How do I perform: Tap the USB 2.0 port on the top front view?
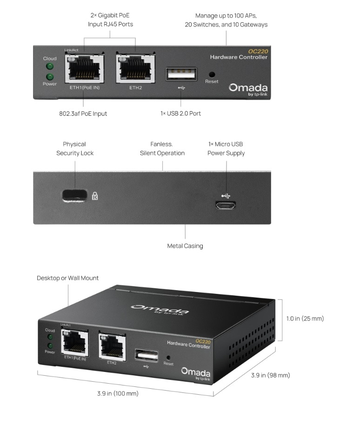point(181,74)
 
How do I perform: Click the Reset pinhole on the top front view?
point(212,74)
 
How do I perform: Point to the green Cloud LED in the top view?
point(50,66)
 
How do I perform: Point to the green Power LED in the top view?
point(50,77)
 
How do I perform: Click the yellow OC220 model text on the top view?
point(258,51)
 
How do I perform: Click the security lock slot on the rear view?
point(74,196)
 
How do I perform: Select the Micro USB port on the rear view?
point(226,206)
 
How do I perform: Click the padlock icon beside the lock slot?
point(95,196)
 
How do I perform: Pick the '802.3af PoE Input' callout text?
point(83,113)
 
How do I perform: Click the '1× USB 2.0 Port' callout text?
point(180,113)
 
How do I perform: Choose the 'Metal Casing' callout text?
point(185,246)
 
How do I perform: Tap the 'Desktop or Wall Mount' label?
point(67,278)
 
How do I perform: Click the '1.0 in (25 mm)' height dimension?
point(305,319)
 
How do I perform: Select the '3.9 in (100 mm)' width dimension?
point(118,393)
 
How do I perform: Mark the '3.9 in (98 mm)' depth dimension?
point(270,375)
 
